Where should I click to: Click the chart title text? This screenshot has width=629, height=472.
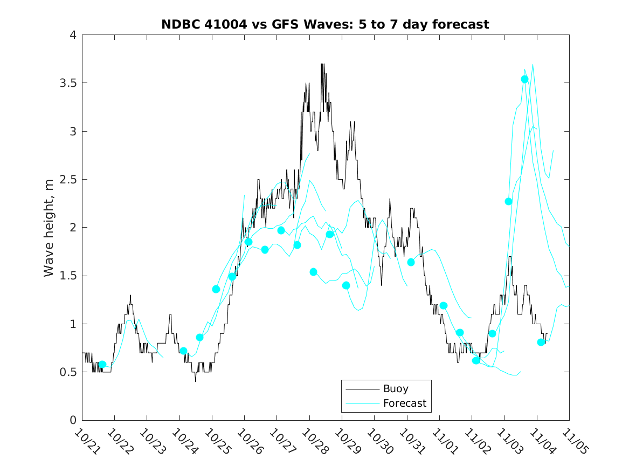click(x=325, y=24)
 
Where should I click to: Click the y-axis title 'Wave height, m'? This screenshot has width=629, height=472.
click(x=49, y=227)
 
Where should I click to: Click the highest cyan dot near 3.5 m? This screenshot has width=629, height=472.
click(x=524, y=79)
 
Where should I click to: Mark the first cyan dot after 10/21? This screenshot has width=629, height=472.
click(x=102, y=365)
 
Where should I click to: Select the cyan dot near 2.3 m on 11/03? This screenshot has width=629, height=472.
click(x=508, y=201)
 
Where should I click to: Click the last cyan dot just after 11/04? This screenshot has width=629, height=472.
click(x=541, y=342)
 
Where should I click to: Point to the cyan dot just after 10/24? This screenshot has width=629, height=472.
click(x=183, y=351)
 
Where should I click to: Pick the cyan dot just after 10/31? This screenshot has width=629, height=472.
click(x=411, y=262)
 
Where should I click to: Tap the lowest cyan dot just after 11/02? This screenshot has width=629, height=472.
click(x=476, y=360)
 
